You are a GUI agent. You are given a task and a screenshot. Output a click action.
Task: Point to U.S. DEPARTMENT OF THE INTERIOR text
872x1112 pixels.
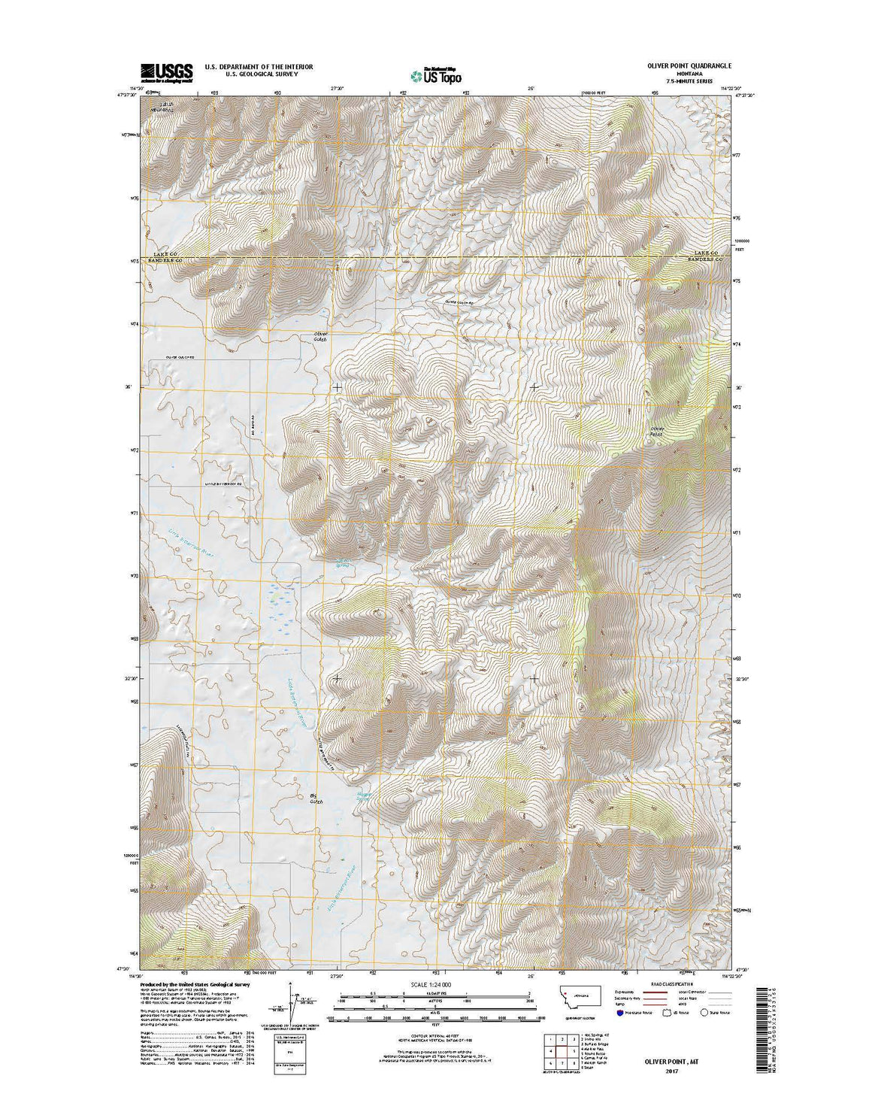pyautogui.click(x=259, y=66)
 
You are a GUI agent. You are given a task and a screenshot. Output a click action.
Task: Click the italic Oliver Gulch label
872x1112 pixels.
pyautogui.click(x=322, y=336)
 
